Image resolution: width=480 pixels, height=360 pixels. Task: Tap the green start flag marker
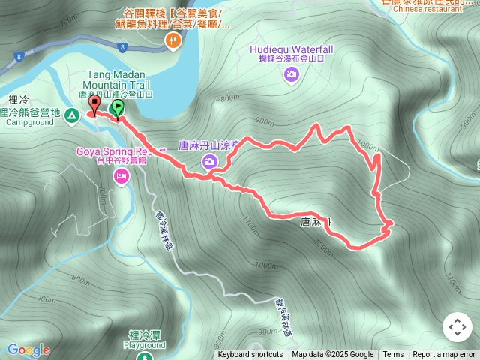pyautogui.click(x=118, y=109)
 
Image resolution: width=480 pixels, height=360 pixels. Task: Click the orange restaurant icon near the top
pyautogui.click(x=174, y=42)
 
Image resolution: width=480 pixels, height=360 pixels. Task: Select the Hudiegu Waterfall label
pyautogui.click(x=291, y=49)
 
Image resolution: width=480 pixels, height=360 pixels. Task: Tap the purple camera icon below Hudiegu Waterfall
pyautogui.click(x=291, y=73)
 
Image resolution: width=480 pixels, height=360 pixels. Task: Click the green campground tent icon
pyautogui.click(x=71, y=115)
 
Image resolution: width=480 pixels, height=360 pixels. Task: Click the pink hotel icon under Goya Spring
pyautogui.click(x=120, y=176)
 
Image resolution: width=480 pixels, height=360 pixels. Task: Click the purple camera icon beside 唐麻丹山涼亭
pyautogui.click(x=210, y=161)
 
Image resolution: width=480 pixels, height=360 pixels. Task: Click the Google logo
pyautogui.click(x=28, y=349)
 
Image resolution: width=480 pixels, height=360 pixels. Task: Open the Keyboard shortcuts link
pyautogui.click(x=250, y=355)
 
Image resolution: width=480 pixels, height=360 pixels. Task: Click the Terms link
pyautogui.click(x=393, y=355)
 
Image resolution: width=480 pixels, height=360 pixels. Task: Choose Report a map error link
pyautogui.click(x=444, y=355)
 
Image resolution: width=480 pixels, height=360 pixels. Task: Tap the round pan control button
pyautogui.click(x=457, y=327)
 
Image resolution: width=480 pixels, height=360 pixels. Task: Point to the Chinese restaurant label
pyautogui.click(x=427, y=9)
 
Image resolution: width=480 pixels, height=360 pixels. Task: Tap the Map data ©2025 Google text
pyautogui.click(x=333, y=355)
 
